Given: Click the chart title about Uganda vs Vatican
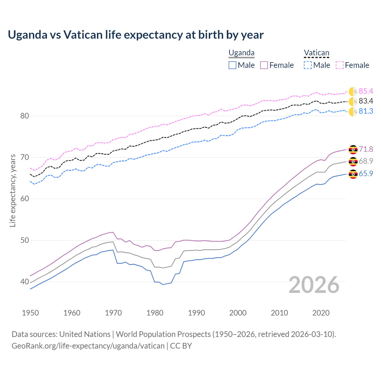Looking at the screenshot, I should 136,35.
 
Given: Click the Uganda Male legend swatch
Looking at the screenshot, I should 232,65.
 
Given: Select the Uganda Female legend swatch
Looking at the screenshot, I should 264,65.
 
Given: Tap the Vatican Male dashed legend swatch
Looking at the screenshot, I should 308,65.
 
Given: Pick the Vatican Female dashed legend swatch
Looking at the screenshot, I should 340,65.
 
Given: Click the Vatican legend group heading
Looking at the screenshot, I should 316,53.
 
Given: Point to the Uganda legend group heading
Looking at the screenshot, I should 241,53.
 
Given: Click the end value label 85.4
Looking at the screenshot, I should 366,91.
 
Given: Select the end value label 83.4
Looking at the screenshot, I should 366,101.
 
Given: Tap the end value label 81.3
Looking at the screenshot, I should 366,111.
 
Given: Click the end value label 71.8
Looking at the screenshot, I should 366,149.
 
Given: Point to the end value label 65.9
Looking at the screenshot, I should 366,174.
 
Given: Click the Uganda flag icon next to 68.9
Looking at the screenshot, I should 353,162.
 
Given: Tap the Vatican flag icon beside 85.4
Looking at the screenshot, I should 353,92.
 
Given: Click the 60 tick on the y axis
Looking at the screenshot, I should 24,199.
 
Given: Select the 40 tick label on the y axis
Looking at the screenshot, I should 24,282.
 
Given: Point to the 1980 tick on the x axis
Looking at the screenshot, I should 155,313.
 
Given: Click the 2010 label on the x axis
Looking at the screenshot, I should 279,313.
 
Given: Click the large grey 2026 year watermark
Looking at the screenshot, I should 314,285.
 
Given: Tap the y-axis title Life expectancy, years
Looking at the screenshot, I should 13,190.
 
